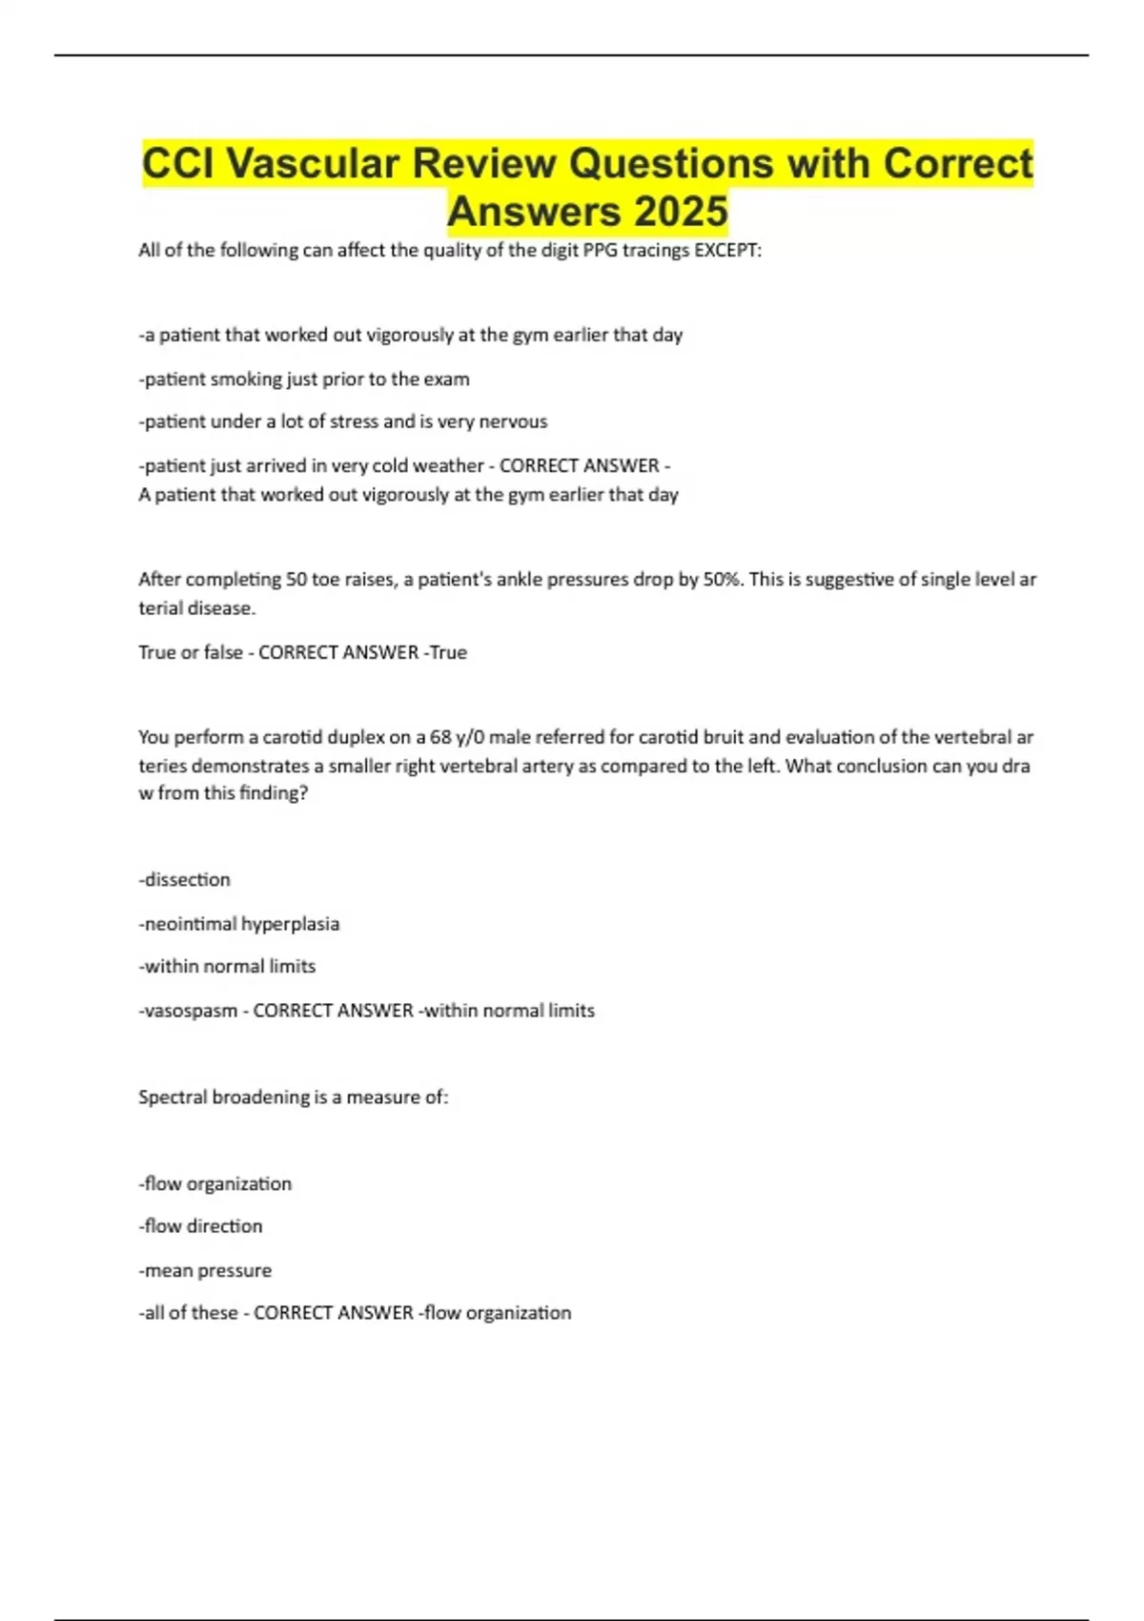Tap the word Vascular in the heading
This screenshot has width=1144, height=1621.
[314, 163]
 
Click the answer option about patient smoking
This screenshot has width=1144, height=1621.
[304, 379]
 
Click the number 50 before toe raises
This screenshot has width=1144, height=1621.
[296, 579]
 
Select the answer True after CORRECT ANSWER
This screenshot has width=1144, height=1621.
[448, 652]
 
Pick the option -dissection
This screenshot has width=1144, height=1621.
[185, 879]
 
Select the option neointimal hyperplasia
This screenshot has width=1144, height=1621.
[239, 923]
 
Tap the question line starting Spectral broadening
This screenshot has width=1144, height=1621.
[293, 1097]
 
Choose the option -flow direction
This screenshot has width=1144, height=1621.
[200, 1225]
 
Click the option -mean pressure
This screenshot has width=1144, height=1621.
[205, 1270]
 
